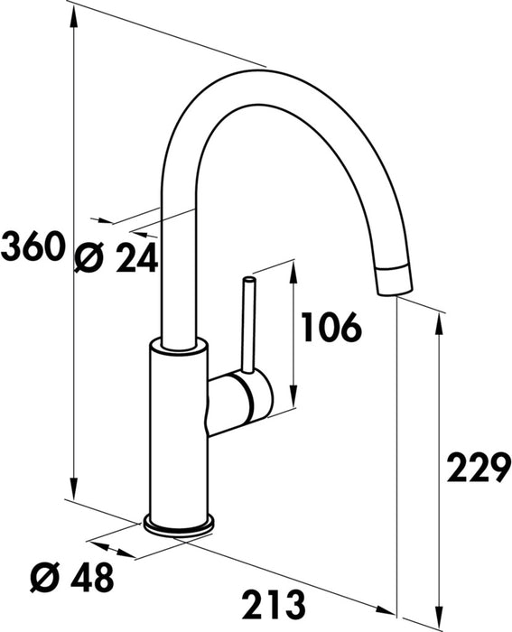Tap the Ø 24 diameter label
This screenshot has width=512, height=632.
click(115, 260)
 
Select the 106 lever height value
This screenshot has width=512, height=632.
click(330, 327)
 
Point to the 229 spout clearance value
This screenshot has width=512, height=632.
click(477, 470)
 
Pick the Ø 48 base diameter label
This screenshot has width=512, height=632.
click(71, 577)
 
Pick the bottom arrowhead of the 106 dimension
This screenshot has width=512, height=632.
click(293, 401)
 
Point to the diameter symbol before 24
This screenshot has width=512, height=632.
click(88, 260)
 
